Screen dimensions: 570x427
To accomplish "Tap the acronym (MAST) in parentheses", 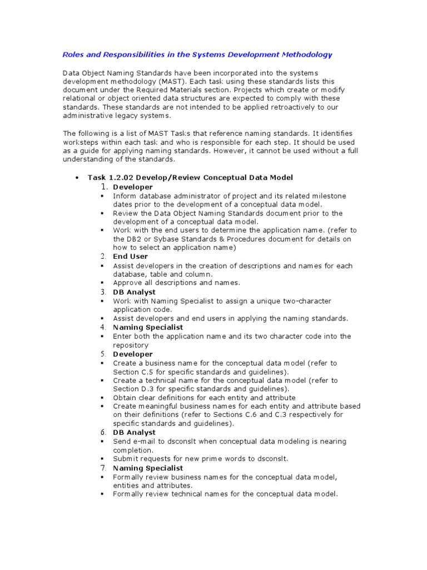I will tap(159, 81).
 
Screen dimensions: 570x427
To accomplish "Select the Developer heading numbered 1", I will tap(132, 187).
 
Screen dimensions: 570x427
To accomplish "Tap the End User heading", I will tap(130, 257).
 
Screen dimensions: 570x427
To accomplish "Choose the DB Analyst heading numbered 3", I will tap(134, 292).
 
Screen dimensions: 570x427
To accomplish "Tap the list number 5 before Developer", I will tap(103, 354).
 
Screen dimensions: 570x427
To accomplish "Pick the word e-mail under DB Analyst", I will tap(145, 441).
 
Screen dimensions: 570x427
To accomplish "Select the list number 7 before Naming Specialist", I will tap(103, 468).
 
